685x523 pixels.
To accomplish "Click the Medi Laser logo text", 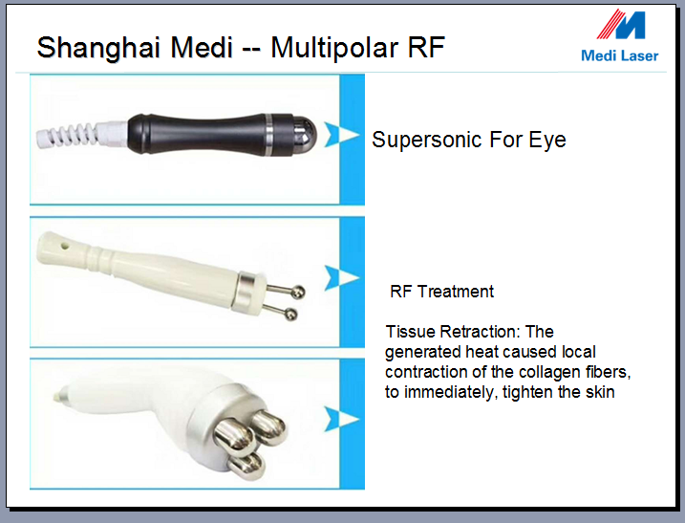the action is click(x=619, y=56).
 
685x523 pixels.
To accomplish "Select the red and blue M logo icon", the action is click(x=621, y=25).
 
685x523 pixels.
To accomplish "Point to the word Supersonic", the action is click(x=427, y=141).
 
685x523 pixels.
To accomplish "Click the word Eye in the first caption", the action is click(x=547, y=141).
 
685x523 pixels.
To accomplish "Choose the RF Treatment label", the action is click(x=441, y=292).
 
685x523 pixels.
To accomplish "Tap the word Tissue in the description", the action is click(x=411, y=332).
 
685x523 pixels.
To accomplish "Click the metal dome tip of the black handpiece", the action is click(x=304, y=135).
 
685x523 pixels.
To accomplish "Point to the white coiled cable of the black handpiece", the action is click(x=67, y=135).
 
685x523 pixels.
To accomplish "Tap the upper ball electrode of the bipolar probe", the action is click(x=298, y=293).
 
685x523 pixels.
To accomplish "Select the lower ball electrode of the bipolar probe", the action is click(x=290, y=314).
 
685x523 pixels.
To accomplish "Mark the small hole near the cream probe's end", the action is click(x=66, y=246).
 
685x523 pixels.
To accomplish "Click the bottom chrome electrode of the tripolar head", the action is click(x=246, y=465).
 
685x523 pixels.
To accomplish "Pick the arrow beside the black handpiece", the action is click(x=341, y=135).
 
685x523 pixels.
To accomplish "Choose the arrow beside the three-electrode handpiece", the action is click(x=341, y=420).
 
